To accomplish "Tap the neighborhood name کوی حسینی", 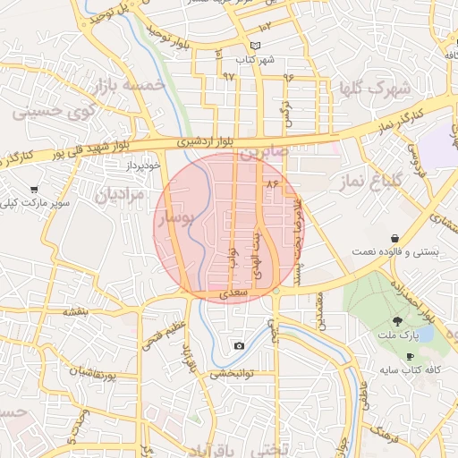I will coord(45,114).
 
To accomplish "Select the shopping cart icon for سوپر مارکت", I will coord(34,190).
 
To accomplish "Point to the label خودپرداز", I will coord(141,165).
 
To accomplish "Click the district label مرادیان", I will coord(119,194).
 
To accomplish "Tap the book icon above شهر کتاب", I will coord(256,46).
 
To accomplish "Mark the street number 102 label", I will coord(266,27).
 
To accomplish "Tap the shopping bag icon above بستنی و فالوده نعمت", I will coord(394,238).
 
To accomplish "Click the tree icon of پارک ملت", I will coord(396,320).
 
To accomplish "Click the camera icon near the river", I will coord(239,346).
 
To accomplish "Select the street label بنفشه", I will coord(74,312).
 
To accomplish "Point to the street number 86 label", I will coord(272,183).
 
